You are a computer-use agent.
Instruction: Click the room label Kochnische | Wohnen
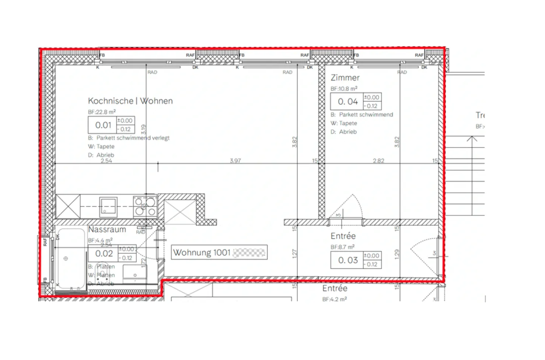point(130,101)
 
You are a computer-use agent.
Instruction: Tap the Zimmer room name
point(345,78)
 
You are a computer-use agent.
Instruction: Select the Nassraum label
point(107,230)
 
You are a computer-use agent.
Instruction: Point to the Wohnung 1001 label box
point(219,252)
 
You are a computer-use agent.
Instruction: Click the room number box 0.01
point(103,125)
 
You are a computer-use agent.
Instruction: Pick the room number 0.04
point(347,102)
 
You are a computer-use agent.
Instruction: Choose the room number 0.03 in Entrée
point(347,260)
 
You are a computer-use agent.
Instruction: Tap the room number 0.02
point(104,254)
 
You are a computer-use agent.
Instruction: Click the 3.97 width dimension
point(235,161)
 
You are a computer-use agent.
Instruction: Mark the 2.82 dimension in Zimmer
point(378,161)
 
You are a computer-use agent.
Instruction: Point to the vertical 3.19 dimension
point(143,130)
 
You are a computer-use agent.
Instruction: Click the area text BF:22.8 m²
point(102,112)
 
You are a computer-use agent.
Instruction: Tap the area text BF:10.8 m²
point(344,89)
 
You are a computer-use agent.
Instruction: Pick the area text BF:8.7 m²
point(342,247)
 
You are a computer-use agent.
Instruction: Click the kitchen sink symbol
point(108,207)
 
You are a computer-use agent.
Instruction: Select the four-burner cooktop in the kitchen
point(145,207)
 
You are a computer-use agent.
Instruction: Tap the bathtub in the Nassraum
point(71,259)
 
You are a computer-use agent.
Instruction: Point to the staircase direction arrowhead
point(472,139)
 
